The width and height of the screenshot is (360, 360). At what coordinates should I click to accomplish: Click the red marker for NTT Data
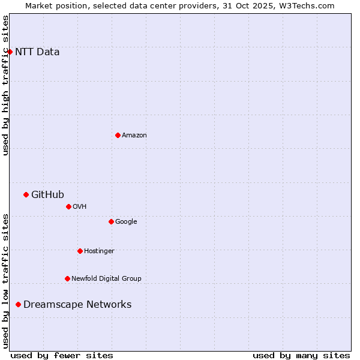(x=10, y=52)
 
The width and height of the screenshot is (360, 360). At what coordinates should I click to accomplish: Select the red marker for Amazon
(x=118, y=135)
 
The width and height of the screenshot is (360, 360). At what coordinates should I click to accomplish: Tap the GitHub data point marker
(x=26, y=194)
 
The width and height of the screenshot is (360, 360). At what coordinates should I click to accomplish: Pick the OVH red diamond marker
(x=68, y=206)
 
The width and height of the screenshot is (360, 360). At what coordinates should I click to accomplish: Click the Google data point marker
(x=111, y=221)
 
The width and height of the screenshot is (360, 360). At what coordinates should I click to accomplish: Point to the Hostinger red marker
(x=80, y=251)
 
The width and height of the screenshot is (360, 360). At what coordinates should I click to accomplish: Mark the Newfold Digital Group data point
(x=67, y=278)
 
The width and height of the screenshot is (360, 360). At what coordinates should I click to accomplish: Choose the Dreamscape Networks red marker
(x=18, y=305)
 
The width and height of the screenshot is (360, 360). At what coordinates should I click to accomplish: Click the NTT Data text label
(x=37, y=52)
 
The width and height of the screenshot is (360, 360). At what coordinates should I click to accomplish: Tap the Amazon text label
(x=134, y=136)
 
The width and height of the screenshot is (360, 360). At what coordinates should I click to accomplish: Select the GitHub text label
(x=47, y=194)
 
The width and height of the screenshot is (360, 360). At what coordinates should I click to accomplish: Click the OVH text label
(x=80, y=207)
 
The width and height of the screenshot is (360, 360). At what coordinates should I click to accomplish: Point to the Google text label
(x=126, y=222)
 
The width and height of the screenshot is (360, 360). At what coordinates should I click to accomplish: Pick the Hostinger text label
(x=99, y=251)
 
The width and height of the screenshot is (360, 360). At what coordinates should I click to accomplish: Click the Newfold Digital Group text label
(x=106, y=279)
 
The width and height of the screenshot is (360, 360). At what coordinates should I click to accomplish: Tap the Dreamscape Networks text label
(x=77, y=305)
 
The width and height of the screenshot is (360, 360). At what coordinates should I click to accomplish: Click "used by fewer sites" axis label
(x=62, y=355)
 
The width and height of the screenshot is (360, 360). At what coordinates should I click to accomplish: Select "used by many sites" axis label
(x=301, y=355)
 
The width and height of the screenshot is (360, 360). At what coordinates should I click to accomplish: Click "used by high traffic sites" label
(x=5, y=85)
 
